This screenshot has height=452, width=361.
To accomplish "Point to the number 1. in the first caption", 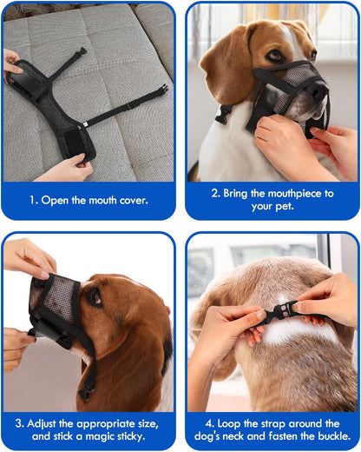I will pyautogui.click(x=34, y=199).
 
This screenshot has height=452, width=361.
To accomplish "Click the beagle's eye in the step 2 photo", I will pyautogui.click(x=273, y=55).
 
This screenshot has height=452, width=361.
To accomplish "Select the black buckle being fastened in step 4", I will pyautogui.click(x=284, y=309).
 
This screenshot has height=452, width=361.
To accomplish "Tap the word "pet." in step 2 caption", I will pyautogui.click(x=292, y=208).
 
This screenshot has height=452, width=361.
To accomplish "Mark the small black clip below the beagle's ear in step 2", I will pyautogui.click(x=225, y=113).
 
